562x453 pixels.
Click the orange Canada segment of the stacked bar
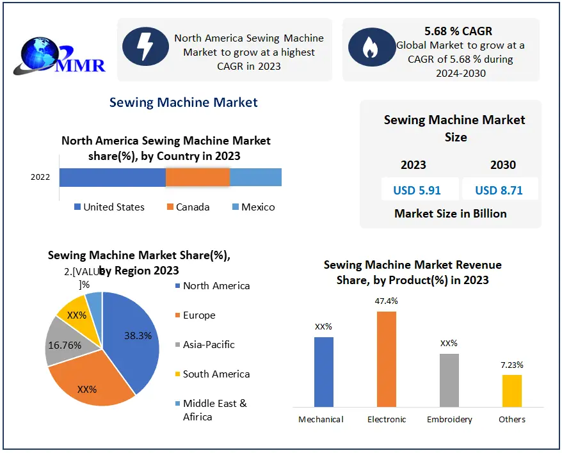tap(197, 177)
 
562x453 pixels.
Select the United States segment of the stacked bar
tap(112, 177)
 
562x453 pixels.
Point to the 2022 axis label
tap(40, 177)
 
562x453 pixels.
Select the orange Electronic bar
tap(387, 358)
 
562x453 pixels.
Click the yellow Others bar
tap(511, 390)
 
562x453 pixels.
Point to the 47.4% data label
tap(387, 301)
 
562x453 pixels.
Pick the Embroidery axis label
tap(449, 420)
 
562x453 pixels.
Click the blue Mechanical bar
tap(324, 371)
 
